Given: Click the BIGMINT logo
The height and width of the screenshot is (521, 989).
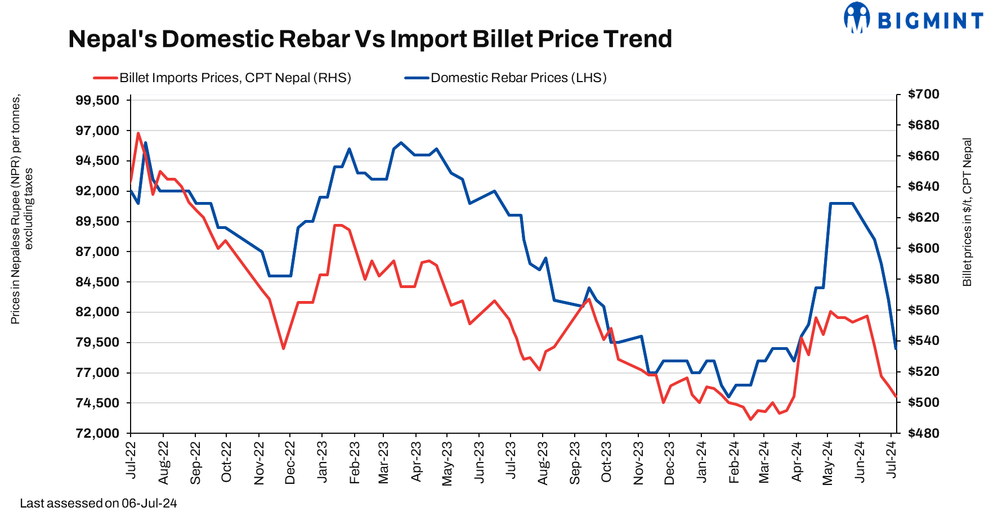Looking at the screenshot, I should click(x=913, y=19).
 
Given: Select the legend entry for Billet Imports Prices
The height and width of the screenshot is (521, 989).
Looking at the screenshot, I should click(x=222, y=78).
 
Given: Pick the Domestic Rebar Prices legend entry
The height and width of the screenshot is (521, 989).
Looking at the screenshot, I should click(x=505, y=78).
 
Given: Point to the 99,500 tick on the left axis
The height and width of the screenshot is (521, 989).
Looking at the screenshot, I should click(x=97, y=101).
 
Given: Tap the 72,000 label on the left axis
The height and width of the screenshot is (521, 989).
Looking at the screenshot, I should click(x=97, y=433).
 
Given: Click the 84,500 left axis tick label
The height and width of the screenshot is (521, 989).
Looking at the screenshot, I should click(x=97, y=282).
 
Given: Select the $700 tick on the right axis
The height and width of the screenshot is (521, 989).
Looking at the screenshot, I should click(x=924, y=95).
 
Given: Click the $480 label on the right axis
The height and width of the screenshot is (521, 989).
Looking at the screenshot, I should click(x=924, y=433).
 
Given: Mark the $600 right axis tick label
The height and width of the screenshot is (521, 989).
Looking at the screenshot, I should click(x=924, y=248).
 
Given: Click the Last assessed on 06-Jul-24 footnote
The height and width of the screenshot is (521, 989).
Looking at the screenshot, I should click(x=99, y=504).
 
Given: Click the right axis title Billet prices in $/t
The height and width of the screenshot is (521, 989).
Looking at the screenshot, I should click(x=967, y=212).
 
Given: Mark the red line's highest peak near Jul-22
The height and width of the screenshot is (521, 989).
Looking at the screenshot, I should click(x=138, y=133).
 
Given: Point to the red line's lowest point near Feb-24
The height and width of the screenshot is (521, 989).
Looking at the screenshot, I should click(x=750, y=419).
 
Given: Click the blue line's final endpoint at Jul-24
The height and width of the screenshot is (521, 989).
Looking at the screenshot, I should click(x=895, y=349).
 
